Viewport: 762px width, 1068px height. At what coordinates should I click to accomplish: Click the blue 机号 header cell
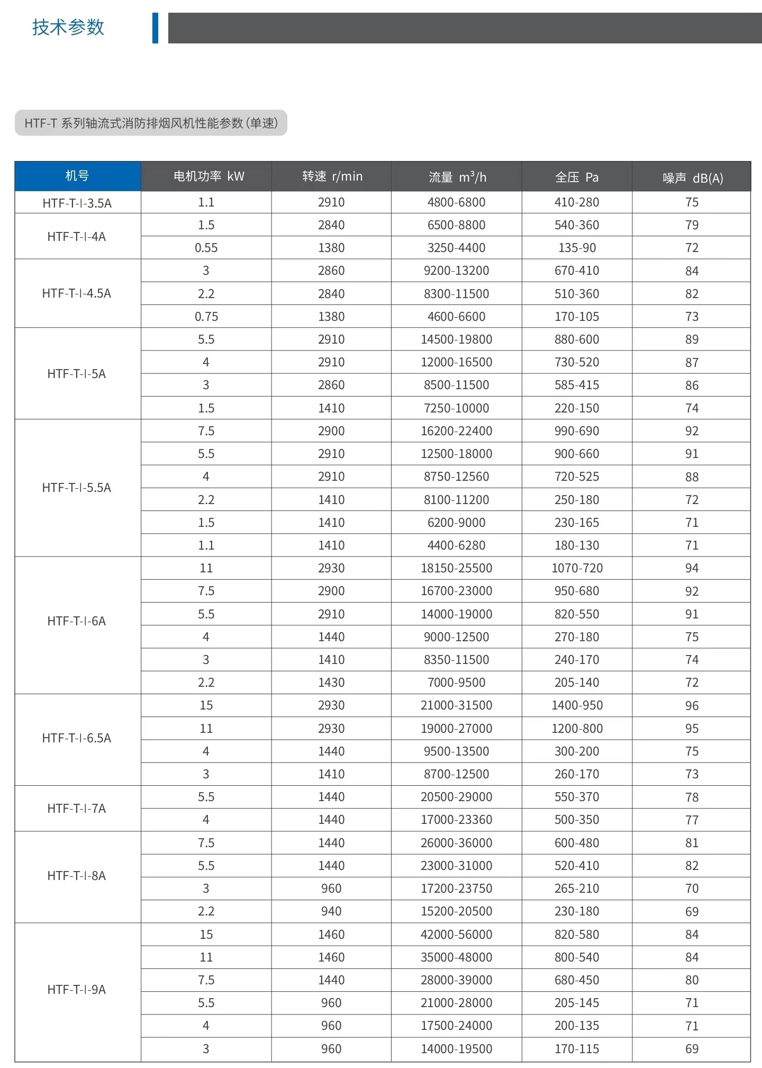77,176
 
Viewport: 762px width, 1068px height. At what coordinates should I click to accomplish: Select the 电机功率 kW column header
208,176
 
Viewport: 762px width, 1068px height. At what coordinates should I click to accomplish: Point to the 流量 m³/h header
457,177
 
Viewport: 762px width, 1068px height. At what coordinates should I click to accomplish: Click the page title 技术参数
68,27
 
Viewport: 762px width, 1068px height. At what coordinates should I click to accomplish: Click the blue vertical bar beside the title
155,28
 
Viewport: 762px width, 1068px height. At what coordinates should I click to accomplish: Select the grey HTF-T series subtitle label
151,123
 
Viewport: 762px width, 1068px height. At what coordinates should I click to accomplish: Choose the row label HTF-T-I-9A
77,990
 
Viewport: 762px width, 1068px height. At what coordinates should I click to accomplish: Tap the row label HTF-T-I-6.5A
77,738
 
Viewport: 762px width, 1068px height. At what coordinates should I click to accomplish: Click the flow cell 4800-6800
456,202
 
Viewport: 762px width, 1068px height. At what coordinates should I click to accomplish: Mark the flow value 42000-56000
456,935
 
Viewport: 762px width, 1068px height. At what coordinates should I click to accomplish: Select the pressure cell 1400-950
577,705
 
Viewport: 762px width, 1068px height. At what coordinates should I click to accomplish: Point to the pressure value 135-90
577,248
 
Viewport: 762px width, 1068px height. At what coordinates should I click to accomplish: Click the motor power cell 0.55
206,248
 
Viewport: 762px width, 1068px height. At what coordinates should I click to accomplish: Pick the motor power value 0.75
206,317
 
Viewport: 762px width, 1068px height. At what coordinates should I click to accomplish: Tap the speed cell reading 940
331,911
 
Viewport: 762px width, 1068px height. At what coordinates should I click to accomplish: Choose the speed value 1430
331,683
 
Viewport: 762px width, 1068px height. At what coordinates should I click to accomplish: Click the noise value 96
692,706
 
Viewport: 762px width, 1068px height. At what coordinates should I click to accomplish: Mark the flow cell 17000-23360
456,820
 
